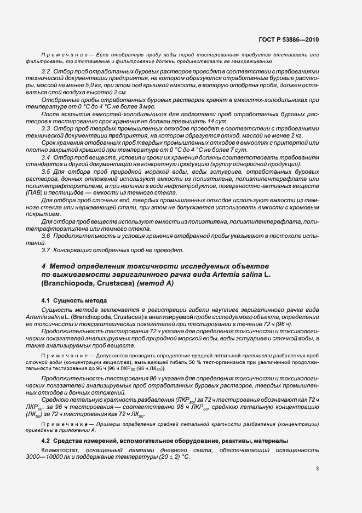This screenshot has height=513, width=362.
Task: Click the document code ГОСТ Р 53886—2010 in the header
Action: tap(290, 40)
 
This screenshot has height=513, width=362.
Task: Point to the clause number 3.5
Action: tap(46, 172)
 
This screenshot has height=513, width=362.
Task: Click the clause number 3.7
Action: tap(46, 250)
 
